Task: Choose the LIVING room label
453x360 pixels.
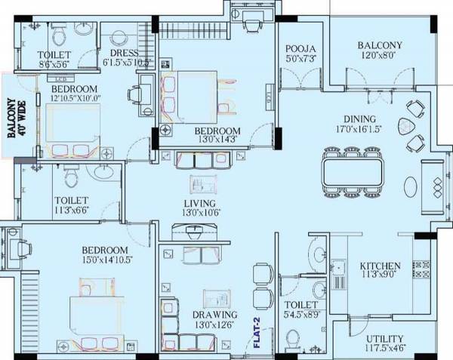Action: (199, 204)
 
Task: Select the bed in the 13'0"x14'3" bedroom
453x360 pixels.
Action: (195, 94)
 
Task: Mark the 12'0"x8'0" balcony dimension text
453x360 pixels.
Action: (380, 55)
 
